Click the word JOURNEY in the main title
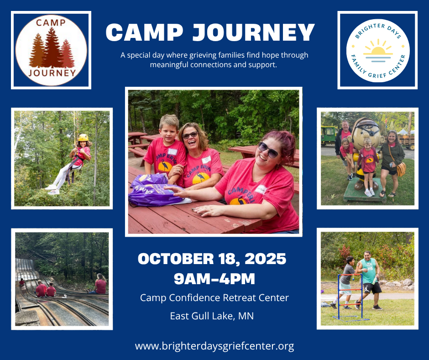pos(254,32)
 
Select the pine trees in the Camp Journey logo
pos(52,48)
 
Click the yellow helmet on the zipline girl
pos(83,137)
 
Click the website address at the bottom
pos(214,346)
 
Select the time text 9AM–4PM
pos(214,279)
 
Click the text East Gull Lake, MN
pos(212,316)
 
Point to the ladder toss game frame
pos(350,297)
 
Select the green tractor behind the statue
pos(329,135)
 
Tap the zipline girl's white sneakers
pos(52,189)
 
